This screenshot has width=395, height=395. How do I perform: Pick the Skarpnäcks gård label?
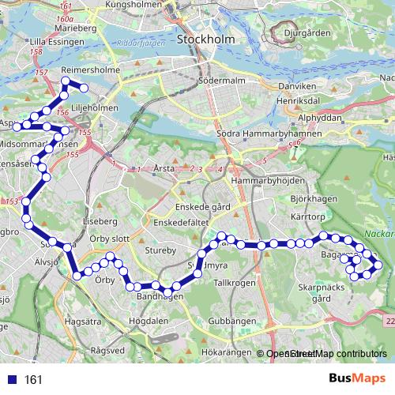[x=321, y=294]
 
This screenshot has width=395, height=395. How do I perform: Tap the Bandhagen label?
[x=160, y=296]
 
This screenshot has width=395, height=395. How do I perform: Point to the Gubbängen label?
[x=233, y=322]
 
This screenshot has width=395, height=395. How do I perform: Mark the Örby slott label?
[x=109, y=238]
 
